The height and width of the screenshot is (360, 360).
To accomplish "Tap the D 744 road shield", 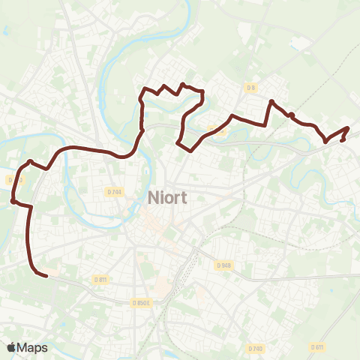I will (x=114, y=191).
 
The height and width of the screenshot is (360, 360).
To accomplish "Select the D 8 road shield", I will (x=251, y=88).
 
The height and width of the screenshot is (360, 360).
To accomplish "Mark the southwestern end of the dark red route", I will (x=46, y=276).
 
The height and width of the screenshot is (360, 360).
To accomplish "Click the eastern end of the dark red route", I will (x=343, y=140).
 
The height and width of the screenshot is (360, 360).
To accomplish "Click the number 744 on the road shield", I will (x=116, y=191).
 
